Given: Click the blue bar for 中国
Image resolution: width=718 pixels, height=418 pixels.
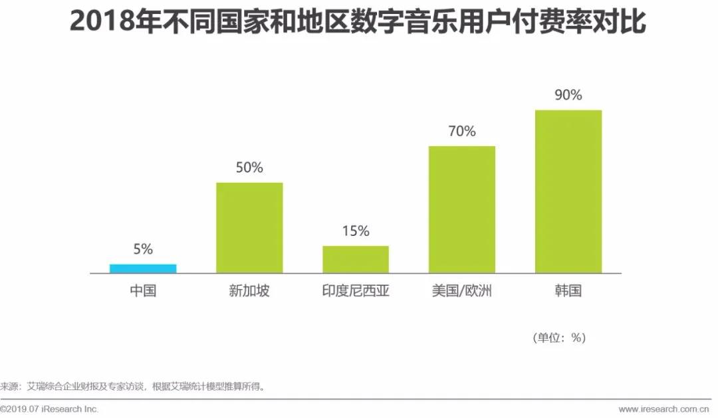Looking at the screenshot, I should [x=143, y=268].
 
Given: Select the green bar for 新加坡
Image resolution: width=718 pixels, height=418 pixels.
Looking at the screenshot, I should [x=249, y=227].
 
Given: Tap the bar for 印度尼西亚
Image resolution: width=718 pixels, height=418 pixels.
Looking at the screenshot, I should [x=356, y=259].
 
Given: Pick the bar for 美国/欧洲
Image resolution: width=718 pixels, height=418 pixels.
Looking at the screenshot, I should [x=462, y=209].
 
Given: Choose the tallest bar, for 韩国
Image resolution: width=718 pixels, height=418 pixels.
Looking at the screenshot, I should [x=568, y=191].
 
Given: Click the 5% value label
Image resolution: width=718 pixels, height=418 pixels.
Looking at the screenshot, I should [x=143, y=249].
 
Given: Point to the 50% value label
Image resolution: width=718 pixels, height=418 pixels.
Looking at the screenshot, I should [x=249, y=167].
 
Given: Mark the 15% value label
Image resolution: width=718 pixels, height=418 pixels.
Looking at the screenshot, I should [x=356, y=231].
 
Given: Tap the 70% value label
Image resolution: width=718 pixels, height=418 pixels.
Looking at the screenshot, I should [x=462, y=131].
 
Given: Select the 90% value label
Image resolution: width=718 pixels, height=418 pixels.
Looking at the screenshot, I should [x=568, y=95].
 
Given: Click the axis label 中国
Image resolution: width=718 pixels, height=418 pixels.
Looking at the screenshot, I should [x=143, y=291].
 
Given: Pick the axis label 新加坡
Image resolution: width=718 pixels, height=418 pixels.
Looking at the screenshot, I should [x=249, y=291].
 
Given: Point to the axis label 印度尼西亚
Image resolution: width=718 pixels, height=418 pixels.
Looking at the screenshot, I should [x=356, y=291].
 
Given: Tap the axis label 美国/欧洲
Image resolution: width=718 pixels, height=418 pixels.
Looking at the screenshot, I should [x=462, y=291].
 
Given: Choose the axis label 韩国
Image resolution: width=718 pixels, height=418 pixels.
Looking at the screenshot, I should [x=568, y=291].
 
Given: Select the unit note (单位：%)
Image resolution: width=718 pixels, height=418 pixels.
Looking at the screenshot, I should [x=559, y=338].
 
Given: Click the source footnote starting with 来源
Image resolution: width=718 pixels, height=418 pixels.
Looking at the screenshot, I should [x=133, y=385].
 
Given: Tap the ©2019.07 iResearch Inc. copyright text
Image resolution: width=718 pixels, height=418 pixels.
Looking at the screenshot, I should [x=50, y=409].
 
